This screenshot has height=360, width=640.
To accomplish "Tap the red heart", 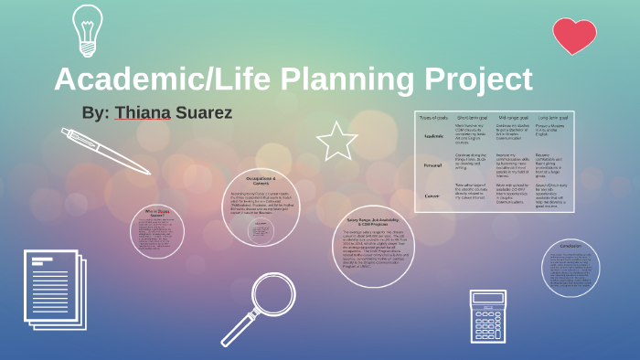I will click(x=575, y=36).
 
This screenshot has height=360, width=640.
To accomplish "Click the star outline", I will click(x=336, y=142).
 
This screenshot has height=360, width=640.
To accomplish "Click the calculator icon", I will click(x=487, y=316).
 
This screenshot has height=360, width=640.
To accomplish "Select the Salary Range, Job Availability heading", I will click(x=374, y=221).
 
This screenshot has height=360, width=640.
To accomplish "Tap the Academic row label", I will click(x=433, y=136).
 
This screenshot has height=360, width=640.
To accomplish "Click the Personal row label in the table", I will click(x=433, y=165).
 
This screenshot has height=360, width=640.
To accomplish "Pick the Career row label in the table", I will click(x=433, y=195).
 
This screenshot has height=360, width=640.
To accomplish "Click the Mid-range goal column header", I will click(x=512, y=118).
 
